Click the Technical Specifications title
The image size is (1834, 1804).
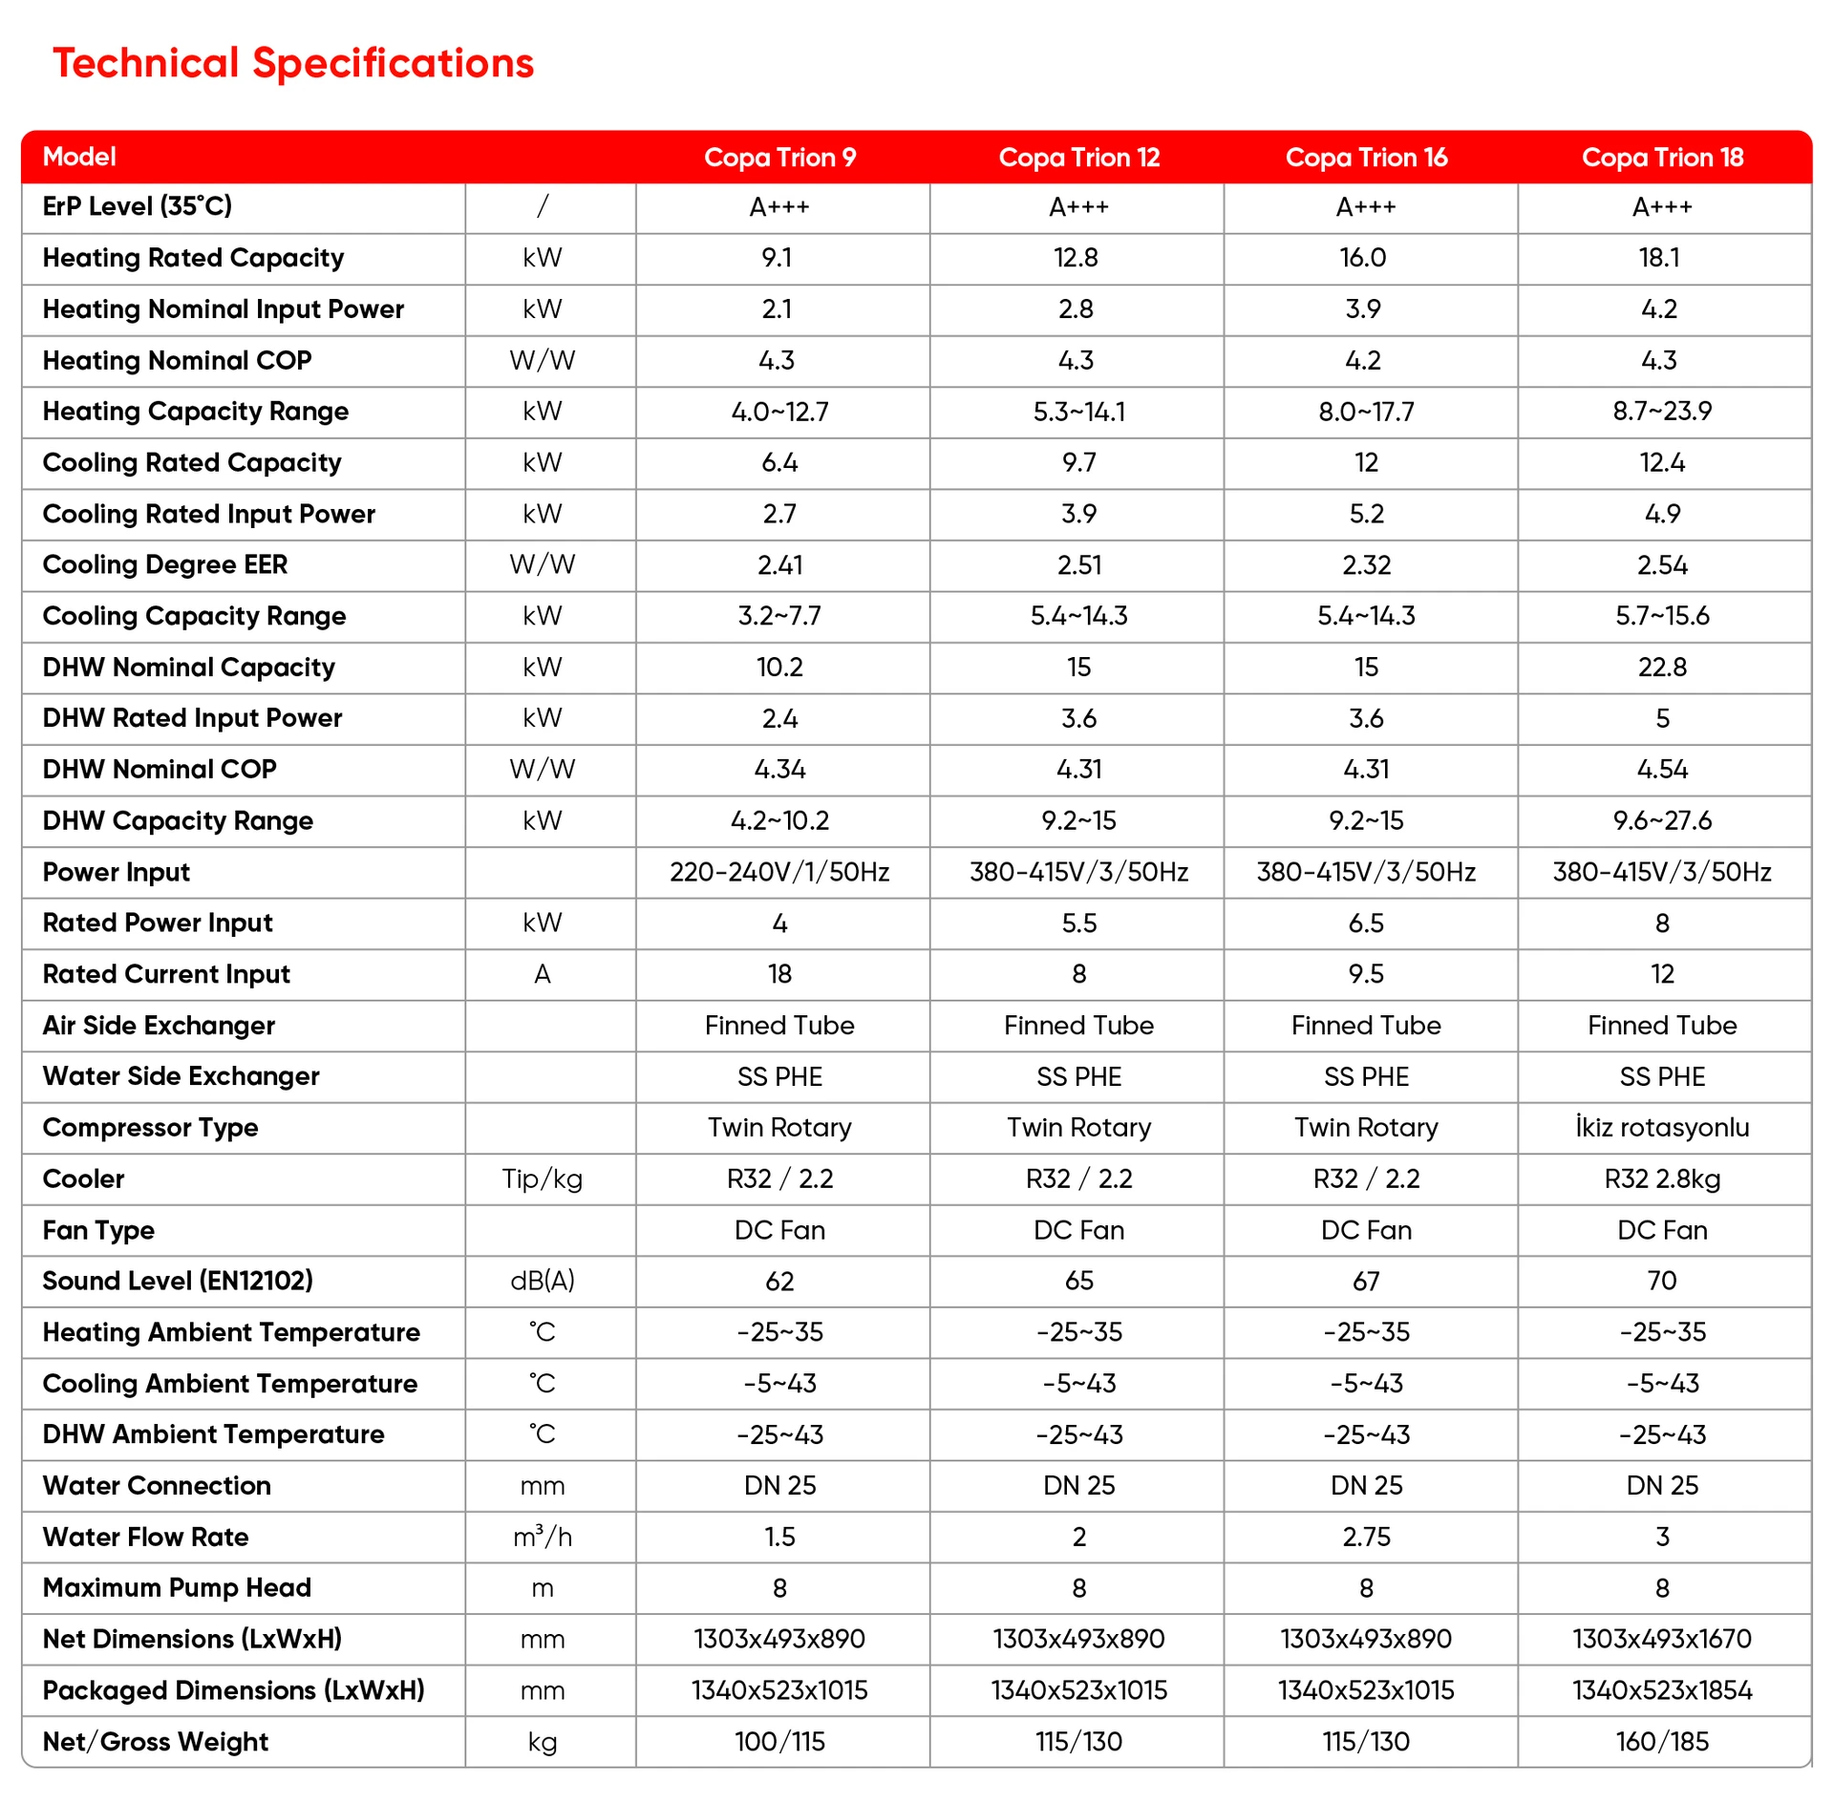pyautogui.click(x=293, y=63)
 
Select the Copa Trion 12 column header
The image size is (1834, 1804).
pyautogui.click(x=1078, y=158)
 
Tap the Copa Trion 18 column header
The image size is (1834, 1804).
pyautogui.click(x=1662, y=158)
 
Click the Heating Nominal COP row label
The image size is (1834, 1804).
pyautogui.click(x=177, y=360)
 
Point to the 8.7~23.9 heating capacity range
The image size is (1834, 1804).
pyautogui.click(x=1662, y=412)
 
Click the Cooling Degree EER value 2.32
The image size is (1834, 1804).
pyautogui.click(x=1366, y=565)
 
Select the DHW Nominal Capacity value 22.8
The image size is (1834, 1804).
pyautogui.click(x=1662, y=668)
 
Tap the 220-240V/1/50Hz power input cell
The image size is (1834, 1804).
pyautogui.click(x=779, y=872)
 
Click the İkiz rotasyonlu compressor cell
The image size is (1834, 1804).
pyautogui.click(x=1662, y=1128)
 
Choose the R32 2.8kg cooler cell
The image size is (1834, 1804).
pyautogui.click(x=1662, y=1179)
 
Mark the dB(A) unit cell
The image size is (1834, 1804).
pyautogui.click(x=543, y=1282)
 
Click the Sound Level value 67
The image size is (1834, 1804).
pyautogui.click(x=1366, y=1282)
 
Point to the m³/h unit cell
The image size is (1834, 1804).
pyautogui.click(x=543, y=1537)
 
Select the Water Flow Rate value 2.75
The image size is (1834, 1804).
pyautogui.click(x=1366, y=1537)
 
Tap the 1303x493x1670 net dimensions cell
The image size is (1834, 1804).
pyautogui.click(x=1662, y=1640)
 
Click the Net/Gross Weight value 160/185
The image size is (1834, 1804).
pyautogui.click(x=1662, y=1742)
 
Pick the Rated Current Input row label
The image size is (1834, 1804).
pyautogui.click(x=166, y=974)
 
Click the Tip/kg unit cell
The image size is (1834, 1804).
pyautogui.click(x=543, y=1179)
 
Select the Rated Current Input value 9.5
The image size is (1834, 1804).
pyautogui.click(x=1366, y=974)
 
